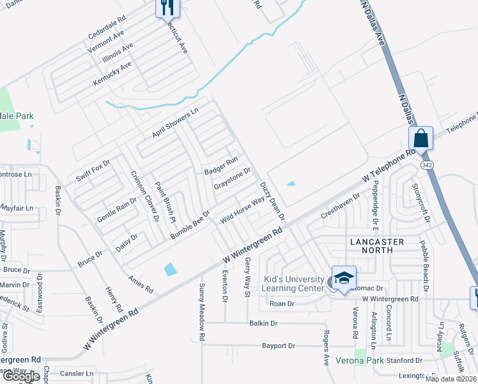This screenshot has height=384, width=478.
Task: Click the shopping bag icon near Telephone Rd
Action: click(x=421, y=138)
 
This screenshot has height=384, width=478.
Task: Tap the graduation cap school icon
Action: click(x=344, y=278)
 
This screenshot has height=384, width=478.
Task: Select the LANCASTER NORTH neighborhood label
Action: click(x=377, y=246)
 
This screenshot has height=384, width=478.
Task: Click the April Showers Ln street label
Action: click(x=175, y=122)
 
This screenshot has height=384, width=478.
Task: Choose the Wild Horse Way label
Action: click(x=242, y=210)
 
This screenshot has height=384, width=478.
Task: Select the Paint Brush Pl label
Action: click(x=165, y=202)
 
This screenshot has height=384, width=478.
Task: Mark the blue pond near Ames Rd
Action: click(x=170, y=269)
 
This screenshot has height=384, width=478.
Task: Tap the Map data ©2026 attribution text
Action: click(x=451, y=379)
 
